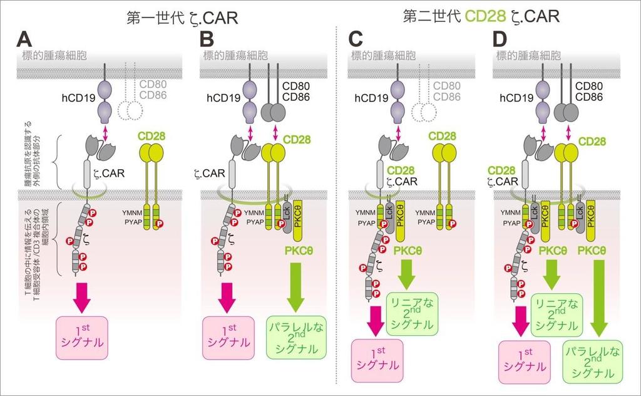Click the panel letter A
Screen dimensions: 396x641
pyautogui.click(x=24, y=39)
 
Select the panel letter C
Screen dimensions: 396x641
pyautogui.click(x=356, y=39)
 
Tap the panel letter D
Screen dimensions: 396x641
pyautogui.click(x=500, y=39)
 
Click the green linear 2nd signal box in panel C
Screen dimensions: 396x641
pyautogui.click(x=413, y=313)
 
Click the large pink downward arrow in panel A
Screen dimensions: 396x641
pyautogui.click(x=82, y=295)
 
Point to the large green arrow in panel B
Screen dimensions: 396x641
pyautogui.click(x=297, y=286)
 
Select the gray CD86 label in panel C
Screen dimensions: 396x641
pyautogui.click(x=445, y=97)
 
